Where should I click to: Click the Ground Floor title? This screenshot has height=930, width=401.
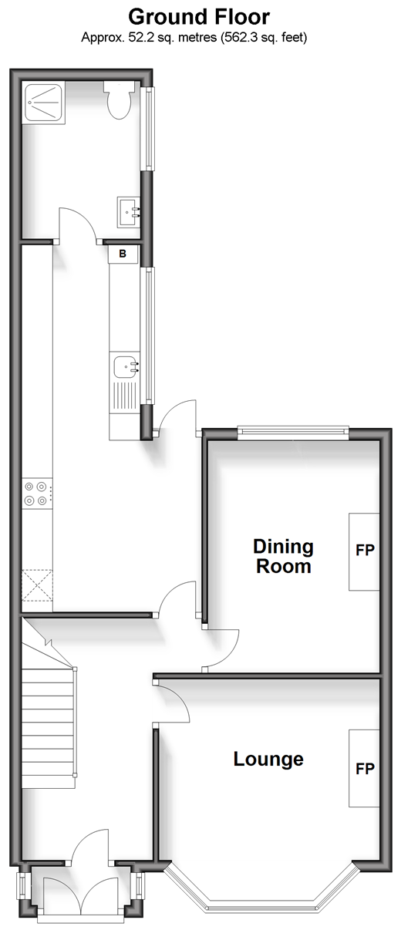click(199, 18)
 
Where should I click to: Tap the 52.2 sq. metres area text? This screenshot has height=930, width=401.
click(173, 38)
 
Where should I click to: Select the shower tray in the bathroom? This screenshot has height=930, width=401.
click(44, 103)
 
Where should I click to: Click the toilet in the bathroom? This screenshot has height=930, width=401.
click(119, 100)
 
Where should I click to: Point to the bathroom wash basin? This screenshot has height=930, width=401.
click(129, 212)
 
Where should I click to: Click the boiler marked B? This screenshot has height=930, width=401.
click(123, 254)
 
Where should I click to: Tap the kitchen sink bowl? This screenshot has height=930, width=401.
click(126, 366)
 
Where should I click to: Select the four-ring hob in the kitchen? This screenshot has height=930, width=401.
click(37, 494)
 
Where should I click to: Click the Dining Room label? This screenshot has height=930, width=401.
click(284, 556)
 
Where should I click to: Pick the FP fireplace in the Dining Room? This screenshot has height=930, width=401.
click(364, 551)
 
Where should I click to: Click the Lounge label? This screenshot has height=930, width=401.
click(268, 759)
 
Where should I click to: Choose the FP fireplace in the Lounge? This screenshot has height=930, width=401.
click(364, 769)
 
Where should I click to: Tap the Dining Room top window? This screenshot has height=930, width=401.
click(294, 432)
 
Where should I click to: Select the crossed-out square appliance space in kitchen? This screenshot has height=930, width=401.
click(37, 585)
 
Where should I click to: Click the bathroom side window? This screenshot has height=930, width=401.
click(148, 128)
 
